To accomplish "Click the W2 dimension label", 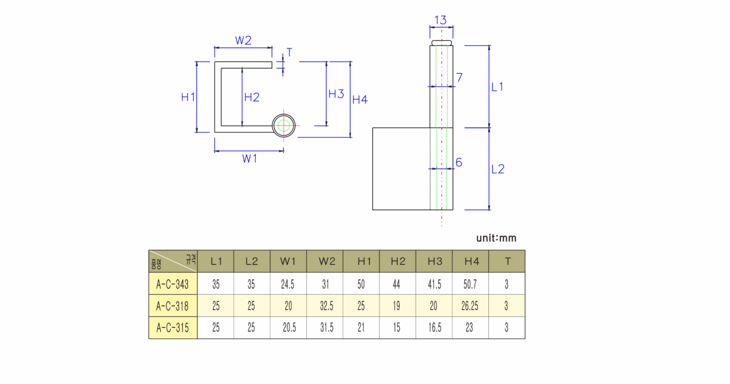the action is click(x=243, y=40).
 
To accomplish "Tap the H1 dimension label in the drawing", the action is click(x=188, y=97).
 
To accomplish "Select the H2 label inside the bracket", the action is click(x=252, y=97).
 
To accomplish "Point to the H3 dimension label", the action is click(x=336, y=94).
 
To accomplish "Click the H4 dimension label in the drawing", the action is click(x=360, y=99).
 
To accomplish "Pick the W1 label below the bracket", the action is click(x=250, y=159).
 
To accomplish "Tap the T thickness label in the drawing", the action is click(x=289, y=52).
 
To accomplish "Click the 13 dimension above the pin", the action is click(x=441, y=20).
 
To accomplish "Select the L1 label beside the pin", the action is click(x=497, y=87).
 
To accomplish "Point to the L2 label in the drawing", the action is click(x=497, y=169).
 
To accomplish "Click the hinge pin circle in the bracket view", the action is click(x=283, y=114).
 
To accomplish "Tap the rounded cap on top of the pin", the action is click(x=442, y=43).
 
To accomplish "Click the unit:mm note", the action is click(x=496, y=238).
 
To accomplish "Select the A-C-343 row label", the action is click(x=172, y=284).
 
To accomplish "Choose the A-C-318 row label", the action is click(x=172, y=306).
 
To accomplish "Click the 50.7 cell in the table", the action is click(x=470, y=284).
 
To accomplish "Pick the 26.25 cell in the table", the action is click(x=470, y=306).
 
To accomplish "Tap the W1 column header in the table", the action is click(x=288, y=262).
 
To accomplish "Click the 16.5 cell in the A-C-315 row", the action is click(x=435, y=327).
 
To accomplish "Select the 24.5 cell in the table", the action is click(x=288, y=284).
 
